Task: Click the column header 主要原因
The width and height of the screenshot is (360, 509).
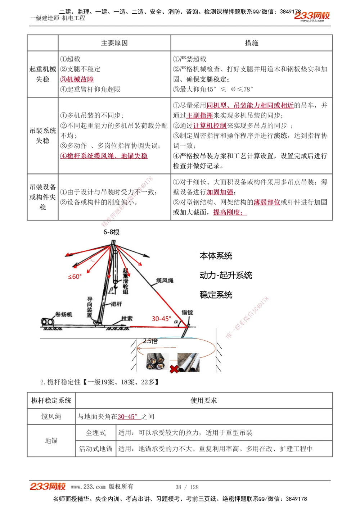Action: coord(114,43)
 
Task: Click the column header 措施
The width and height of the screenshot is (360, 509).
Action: coord(251,43)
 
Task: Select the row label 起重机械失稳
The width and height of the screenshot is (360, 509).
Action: coord(42,74)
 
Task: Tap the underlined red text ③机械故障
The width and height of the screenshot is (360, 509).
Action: coord(77,79)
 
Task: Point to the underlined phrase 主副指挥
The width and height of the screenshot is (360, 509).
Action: coord(200,115)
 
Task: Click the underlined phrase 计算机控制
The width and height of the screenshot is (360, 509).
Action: coord(210,126)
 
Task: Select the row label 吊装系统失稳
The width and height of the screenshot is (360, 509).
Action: coord(42,136)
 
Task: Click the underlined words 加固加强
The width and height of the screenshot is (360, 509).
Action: coord(220,192)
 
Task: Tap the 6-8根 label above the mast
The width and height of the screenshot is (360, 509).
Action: coord(111,232)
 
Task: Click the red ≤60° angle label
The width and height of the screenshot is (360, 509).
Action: coord(75,277)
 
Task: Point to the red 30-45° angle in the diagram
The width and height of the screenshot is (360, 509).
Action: coord(161,319)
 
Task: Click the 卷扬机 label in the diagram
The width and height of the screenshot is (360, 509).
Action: coord(64,314)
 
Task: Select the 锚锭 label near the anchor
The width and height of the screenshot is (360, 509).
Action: coord(187,312)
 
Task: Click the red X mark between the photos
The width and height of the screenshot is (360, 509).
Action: coord(174,369)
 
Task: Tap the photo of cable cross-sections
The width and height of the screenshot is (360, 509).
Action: coord(157,361)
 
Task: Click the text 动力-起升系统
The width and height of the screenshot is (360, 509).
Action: coord(226,276)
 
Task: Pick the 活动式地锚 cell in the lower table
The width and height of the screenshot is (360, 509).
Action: coord(96,449)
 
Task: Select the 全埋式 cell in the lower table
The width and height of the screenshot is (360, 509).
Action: coord(96,433)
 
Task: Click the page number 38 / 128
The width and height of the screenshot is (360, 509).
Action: coord(187,487)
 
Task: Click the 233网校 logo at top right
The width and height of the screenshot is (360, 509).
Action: coord(312,16)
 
